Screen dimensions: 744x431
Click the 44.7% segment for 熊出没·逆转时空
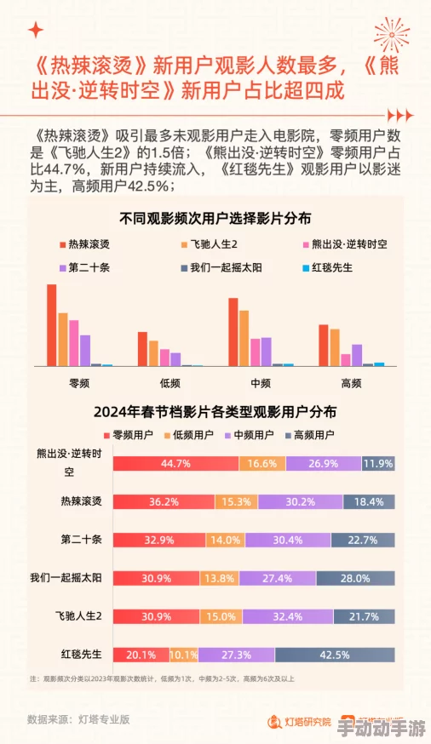pyautogui.click(x=175, y=464)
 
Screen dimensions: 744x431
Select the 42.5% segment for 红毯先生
pyautogui.click(x=334, y=655)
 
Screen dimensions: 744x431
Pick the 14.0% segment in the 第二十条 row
pyautogui.click(x=226, y=541)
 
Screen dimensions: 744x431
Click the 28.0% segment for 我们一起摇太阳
pyautogui.click(x=353, y=579)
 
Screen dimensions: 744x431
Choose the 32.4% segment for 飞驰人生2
pyautogui.click(x=290, y=616)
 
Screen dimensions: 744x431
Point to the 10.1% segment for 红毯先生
pyautogui.click(x=183, y=655)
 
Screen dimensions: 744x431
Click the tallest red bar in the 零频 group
pyautogui.click(x=51, y=324)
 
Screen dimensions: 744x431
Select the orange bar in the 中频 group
pyautogui.click(x=244, y=338)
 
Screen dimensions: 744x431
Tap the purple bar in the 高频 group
pyautogui.click(x=357, y=354)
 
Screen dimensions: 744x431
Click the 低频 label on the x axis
pyautogui.click(x=170, y=383)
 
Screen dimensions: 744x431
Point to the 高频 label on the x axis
pyautogui.click(x=351, y=383)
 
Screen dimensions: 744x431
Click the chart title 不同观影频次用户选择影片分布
pyautogui.click(x=215, y=217)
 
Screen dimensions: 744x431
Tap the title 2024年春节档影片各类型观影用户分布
pyautogui.click(x=215, y=411)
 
